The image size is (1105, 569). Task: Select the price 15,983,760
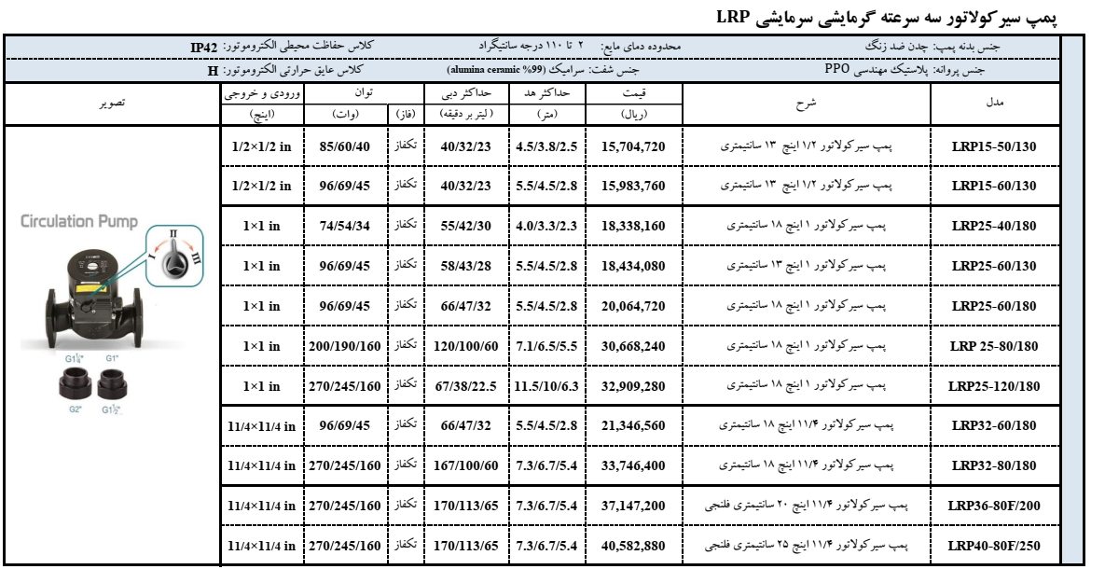(x=633, y=186)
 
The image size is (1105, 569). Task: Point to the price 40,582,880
(x=633, y=545)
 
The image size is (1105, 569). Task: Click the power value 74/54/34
(x=345, y=226)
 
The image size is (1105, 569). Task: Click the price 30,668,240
(x=633, y=345)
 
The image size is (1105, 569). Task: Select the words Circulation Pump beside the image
(x=78, y=222)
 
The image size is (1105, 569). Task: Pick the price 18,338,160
(x=633, y=226)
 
